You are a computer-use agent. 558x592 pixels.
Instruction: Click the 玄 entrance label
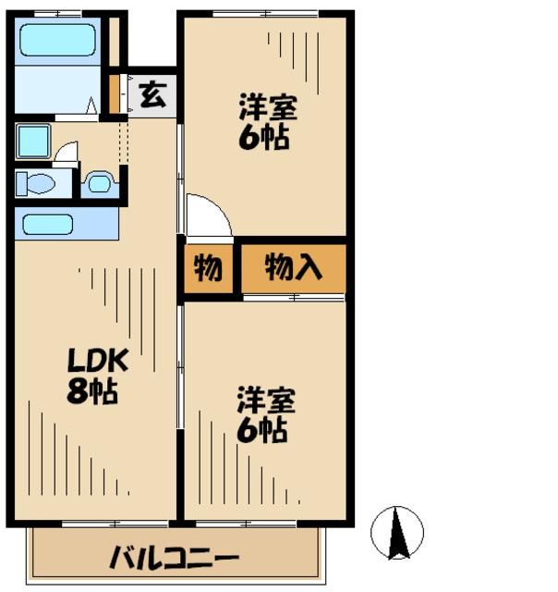[152, 95]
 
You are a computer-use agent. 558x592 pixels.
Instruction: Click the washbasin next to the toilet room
[99, 183]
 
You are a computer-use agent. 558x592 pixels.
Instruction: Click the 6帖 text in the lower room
[266, 430]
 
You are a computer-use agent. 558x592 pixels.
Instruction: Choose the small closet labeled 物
[208, 268]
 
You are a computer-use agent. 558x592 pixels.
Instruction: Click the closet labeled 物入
[293, 268]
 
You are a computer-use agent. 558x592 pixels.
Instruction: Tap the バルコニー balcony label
[175, 559]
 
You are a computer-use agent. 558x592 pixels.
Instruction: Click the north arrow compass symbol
[397, 534]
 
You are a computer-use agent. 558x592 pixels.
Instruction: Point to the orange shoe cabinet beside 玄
[115, 92]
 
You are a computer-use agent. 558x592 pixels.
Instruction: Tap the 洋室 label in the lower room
[266, 401]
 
